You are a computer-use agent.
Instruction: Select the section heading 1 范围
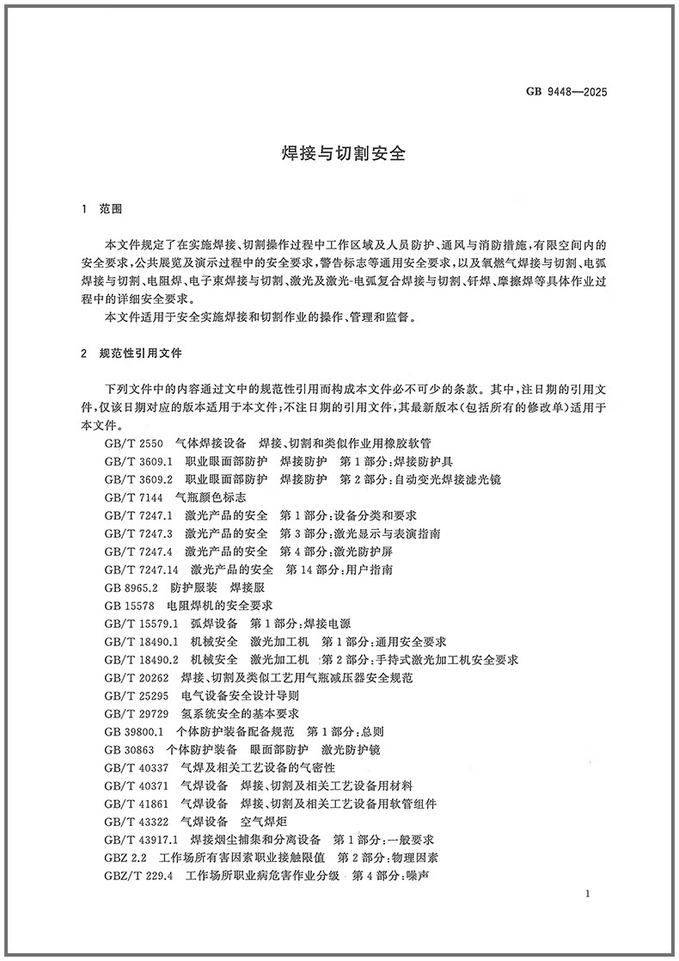point(101,209)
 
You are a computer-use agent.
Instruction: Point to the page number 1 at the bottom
point(585,895)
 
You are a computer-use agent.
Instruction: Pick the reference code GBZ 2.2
point(126,858)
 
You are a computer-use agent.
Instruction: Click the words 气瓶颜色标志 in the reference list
point(211,497)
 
